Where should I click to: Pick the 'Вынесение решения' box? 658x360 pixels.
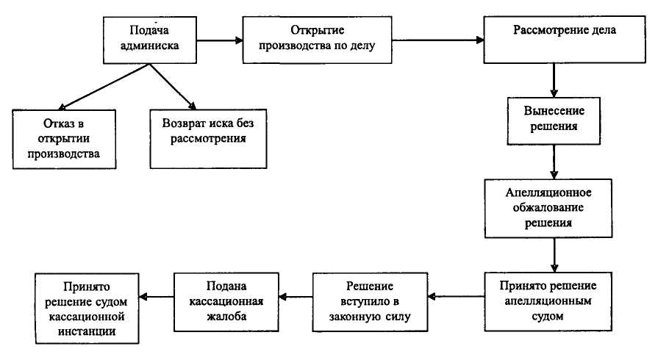tap(554, 120)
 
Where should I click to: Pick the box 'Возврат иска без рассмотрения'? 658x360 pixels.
tap(207, 130)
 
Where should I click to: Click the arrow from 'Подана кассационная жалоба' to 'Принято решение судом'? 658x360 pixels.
tap(157, 297)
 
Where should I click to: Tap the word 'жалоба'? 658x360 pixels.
tap(225, 317)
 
